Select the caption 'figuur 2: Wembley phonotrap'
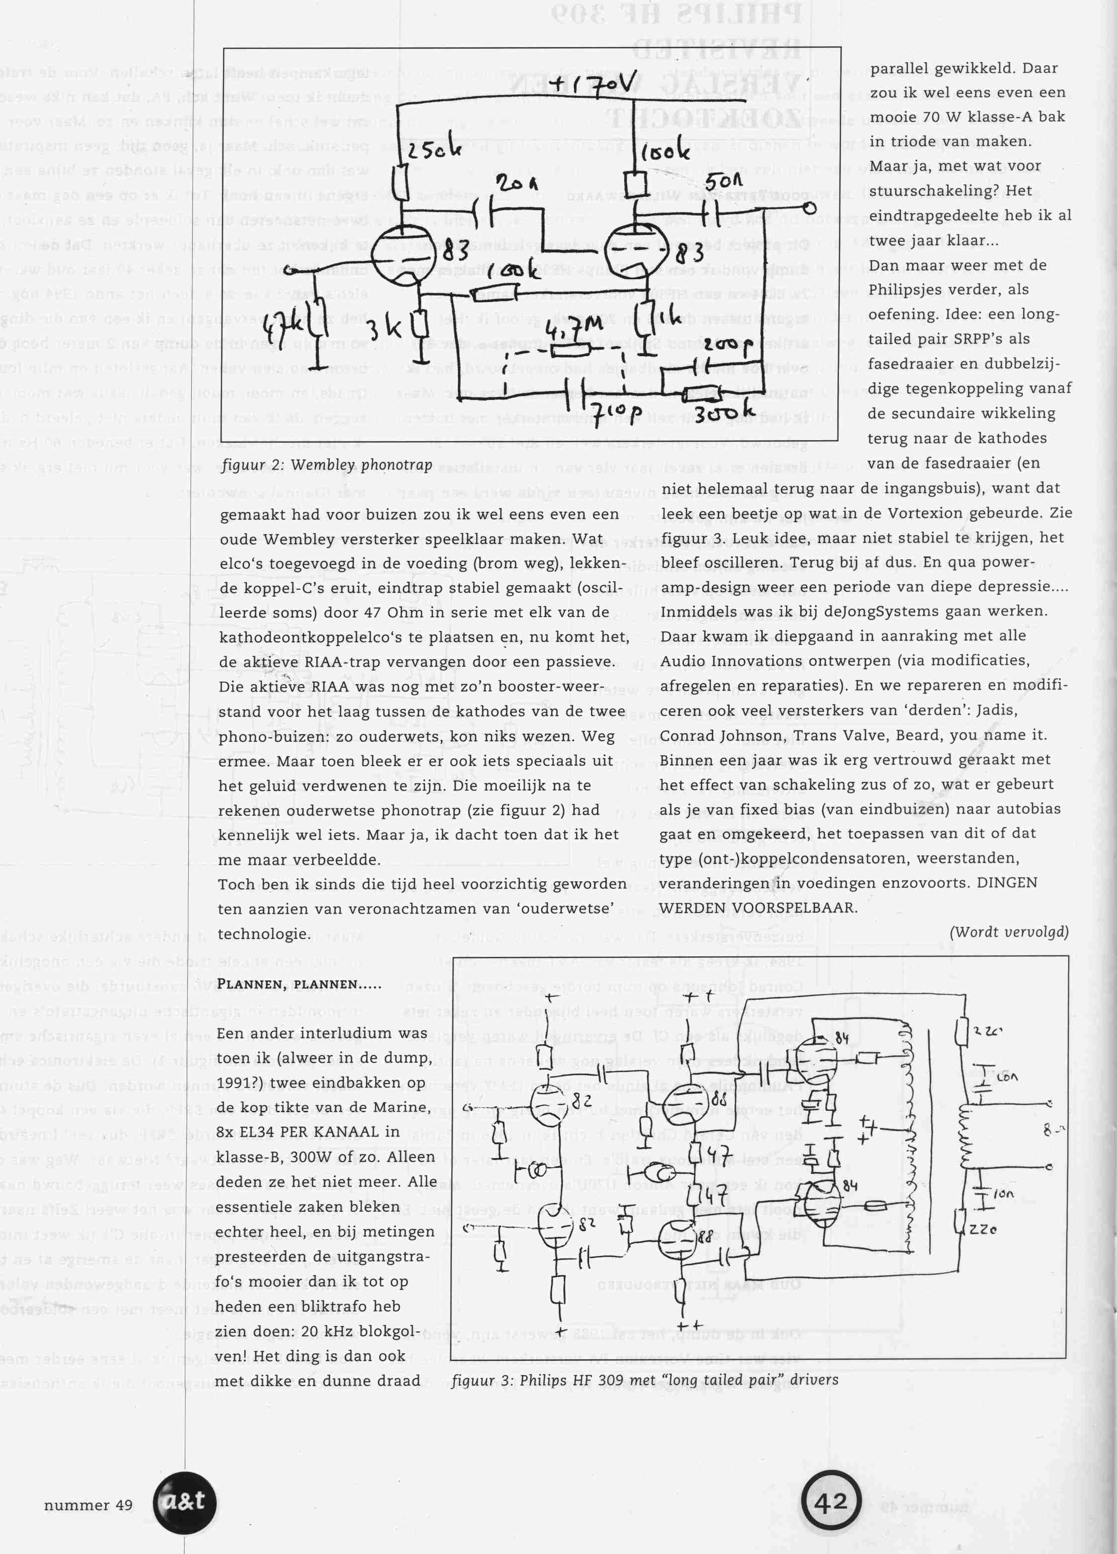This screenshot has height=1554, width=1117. pos(327,465)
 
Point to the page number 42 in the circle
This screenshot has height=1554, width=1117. pos(831,1503)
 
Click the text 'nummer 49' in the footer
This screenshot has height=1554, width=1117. pos(88,1505)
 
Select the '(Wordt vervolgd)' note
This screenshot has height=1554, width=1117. pos(1008,932)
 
